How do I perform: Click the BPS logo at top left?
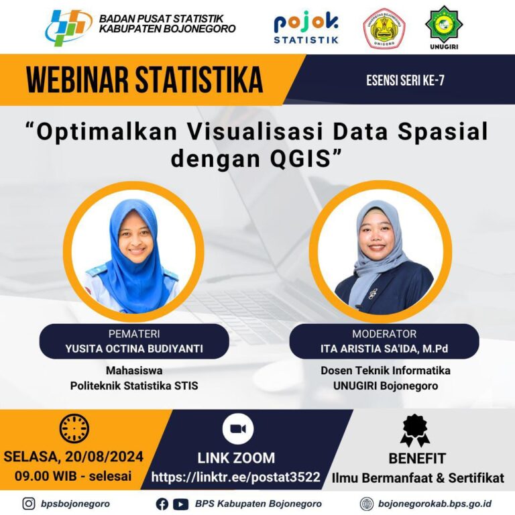[x=68, y=27]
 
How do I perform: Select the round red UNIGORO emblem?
[x=384, y=29]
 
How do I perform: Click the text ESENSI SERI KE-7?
[x=405, y=80]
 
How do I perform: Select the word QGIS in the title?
[x=300, y=158]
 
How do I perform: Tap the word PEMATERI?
[x=134, y=334]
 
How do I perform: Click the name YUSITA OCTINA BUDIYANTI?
[x=134, y=349]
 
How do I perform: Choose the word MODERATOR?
[x=384, y=334]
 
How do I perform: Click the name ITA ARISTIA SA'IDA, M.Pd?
[x=384, y=349]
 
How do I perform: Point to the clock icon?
[x=74, y=428]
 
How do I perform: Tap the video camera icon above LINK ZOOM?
[x=238, y=429]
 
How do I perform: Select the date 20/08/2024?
[x=105, y=457]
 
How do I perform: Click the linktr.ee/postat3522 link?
[x=236, y=477]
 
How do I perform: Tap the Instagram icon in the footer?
[x=29, y=504]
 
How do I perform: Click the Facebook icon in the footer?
[x=162, y=504]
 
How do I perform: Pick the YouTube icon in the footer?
[x=180, y=504]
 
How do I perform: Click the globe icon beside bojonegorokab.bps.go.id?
[x=367, y=504]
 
